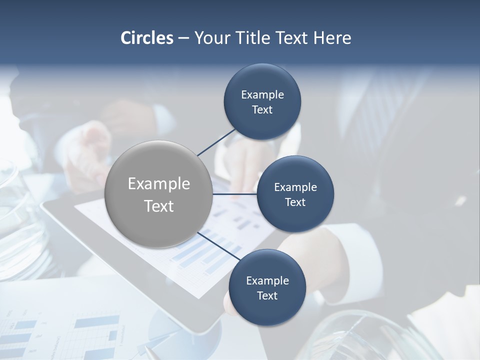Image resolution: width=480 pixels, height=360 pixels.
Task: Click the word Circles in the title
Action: coord(146,38)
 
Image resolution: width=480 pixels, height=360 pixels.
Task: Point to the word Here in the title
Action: coord(332,38)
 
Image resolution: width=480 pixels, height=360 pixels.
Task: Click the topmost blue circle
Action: coord(262,102)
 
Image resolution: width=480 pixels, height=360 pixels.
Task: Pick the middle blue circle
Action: coord(295,194)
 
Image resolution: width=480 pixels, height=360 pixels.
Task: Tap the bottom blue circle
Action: coord(267,287)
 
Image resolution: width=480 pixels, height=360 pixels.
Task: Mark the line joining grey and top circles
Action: coord(216,142)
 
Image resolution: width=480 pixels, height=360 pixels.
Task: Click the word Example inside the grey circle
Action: coord(159,184)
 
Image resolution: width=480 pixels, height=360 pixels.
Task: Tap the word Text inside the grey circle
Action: coord(159,206)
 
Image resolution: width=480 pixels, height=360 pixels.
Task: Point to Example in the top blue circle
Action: coord(262,95)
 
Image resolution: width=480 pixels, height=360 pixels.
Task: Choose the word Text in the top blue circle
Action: coord(262,110)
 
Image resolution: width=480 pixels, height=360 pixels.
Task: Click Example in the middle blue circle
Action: coord(295,187)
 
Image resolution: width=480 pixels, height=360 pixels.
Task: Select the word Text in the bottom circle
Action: coord(267,295)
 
